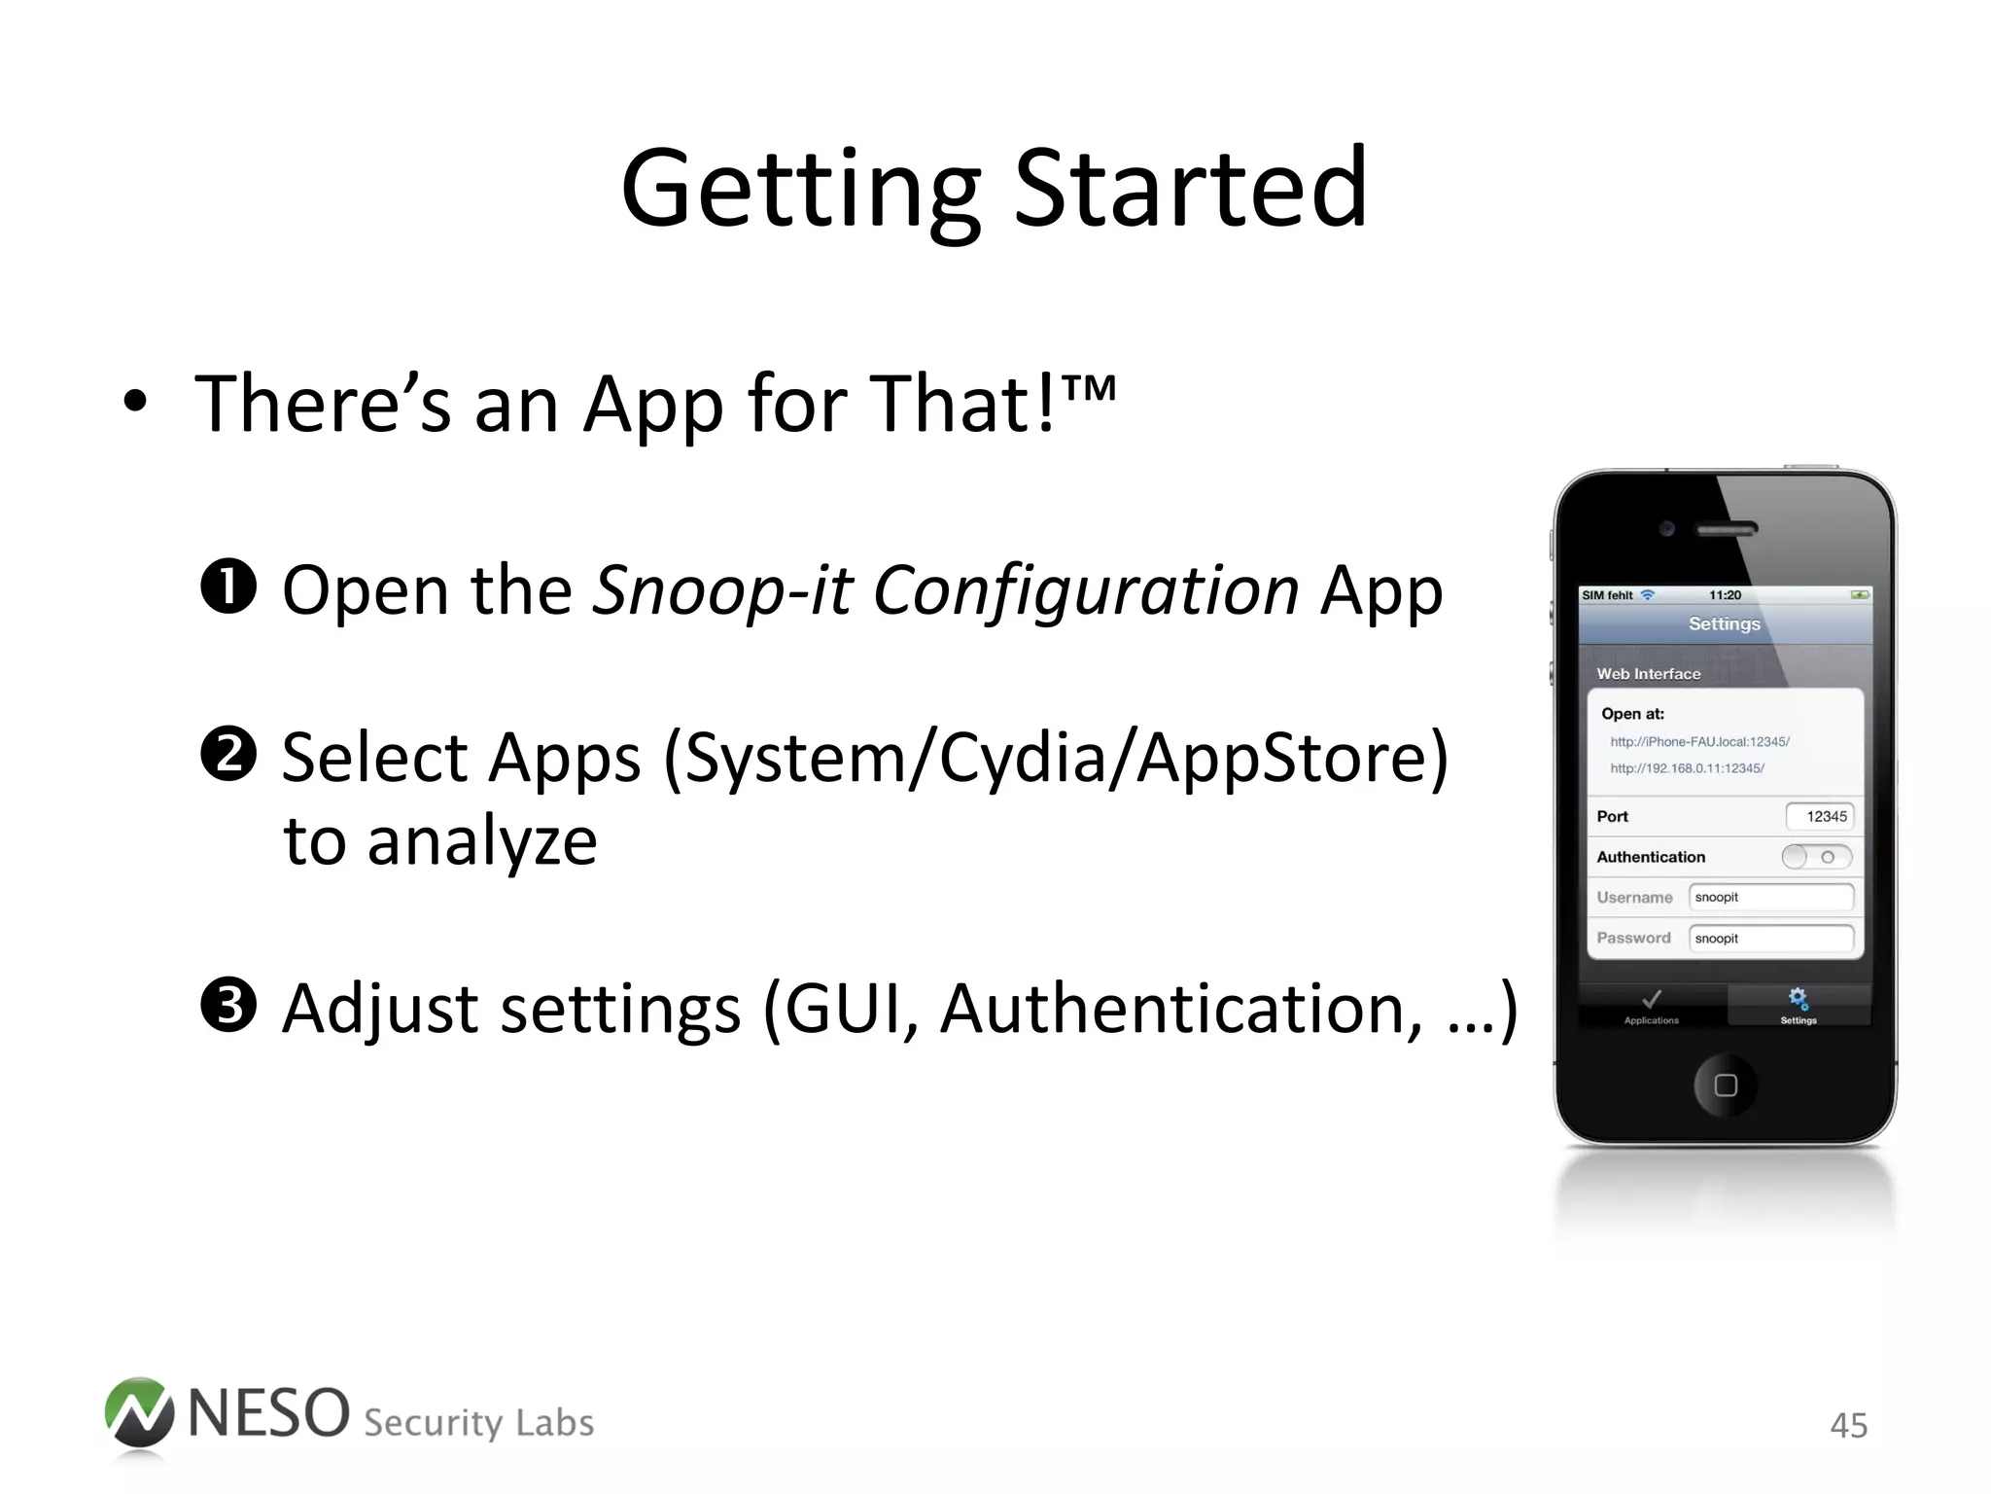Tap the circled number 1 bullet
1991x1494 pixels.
click(228, 587)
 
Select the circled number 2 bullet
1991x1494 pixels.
click(228, 755)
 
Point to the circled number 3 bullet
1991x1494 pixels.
click(228, 1006)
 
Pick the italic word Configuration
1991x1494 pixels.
click(1085, 589)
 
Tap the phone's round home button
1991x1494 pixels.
click(1725, 1085)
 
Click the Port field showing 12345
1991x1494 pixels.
click(1819, 816)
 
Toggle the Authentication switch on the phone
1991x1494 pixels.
click(1816, 857)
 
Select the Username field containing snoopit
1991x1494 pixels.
click(1770, 897)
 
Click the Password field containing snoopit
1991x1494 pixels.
click(1770, 938)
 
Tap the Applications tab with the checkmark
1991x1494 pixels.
click(1652, 1006)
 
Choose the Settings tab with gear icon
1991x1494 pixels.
click(1798, 1006)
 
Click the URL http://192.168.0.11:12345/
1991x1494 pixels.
click(1687, 768)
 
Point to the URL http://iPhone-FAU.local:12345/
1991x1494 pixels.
click(1699, 741)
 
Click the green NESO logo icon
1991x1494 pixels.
click(139, 1412)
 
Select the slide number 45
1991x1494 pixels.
click(1848, 1425)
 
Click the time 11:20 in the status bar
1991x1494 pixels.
click(1725, 595)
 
